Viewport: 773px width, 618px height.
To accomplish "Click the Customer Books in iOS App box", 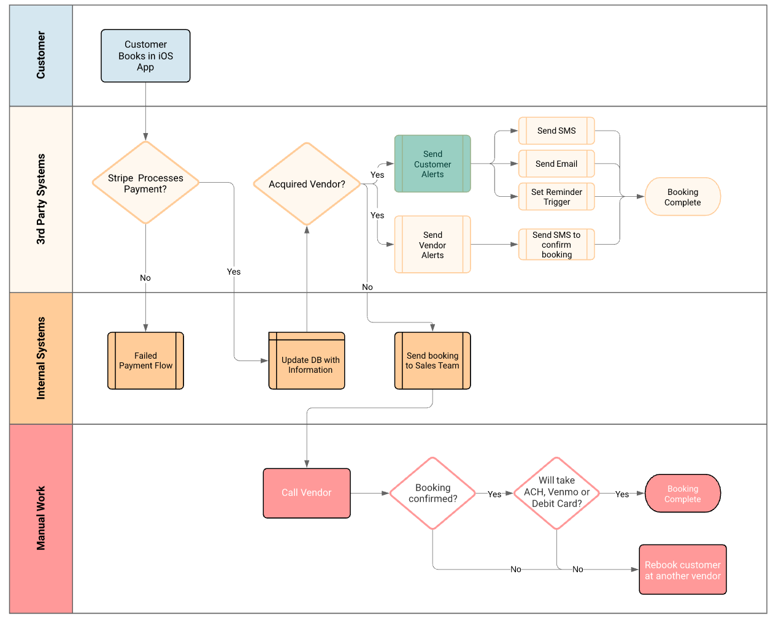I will pos(145,56).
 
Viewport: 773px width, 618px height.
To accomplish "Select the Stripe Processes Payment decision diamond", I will pos(145,183).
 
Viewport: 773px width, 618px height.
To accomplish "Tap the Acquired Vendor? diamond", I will pos(307,184).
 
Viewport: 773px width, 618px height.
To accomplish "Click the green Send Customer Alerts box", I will pos(433,164).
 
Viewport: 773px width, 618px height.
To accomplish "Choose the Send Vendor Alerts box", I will pos(433,245).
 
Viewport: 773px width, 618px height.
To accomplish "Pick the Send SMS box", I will pos(556,131).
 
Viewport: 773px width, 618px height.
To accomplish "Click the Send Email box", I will pos(556,164).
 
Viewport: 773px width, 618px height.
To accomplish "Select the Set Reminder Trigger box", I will pos(556,197).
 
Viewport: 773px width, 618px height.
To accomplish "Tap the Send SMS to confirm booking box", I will pos(556,245).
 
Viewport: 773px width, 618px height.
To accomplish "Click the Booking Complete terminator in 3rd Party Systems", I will pos(682,197).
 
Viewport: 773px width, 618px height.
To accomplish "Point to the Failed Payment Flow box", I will pos(145,360).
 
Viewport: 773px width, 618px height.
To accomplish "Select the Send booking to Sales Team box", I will pos(433,360).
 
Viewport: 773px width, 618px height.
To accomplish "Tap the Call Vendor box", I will pos(307,493).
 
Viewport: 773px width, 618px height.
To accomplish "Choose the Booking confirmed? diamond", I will pos(433,493).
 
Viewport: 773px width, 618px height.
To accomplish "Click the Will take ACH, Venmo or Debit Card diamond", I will pos(556,493).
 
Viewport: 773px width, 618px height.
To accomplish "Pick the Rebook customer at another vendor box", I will pos(682,570).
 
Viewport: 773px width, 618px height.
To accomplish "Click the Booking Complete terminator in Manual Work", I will pos(682,494).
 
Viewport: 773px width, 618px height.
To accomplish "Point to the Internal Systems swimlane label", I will pos(41,358).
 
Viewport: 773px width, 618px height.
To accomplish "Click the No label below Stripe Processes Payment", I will pos(145,278).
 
